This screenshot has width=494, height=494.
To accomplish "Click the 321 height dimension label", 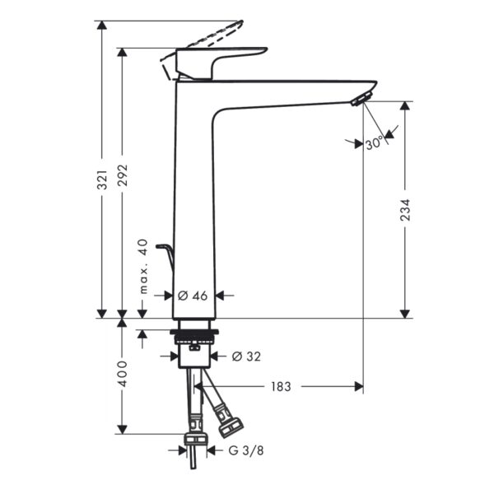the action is tap(102, 179).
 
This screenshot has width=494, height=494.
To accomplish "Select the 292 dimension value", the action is tap(123, 175).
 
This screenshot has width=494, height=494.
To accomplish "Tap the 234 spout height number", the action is tap(405, 210).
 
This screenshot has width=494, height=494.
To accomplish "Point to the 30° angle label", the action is tap(375, 143).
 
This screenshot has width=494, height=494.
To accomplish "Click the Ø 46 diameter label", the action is tap(193, 296).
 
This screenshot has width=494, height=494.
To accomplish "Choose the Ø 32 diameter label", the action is tap(246, 357).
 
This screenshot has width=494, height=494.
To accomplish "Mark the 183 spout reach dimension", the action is tap(281, 387).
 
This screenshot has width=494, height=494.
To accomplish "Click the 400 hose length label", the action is tap(123, 374).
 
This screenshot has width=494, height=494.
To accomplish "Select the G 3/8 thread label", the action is tap(246, 450).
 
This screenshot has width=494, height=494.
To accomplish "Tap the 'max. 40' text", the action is tap(143, 267).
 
